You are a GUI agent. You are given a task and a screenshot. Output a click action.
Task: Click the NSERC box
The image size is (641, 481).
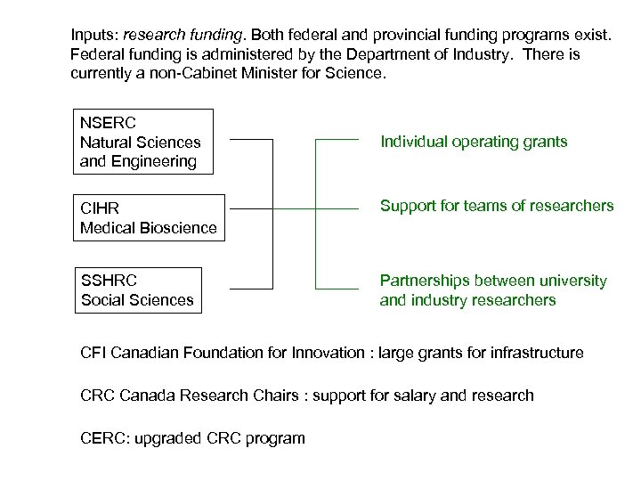pyautogui.click(x=143, y=141)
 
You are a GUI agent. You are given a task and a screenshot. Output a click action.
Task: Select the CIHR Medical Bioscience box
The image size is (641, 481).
pyautogui.click(x=148, y=217)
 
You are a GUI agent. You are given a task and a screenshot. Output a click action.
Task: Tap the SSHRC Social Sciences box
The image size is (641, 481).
pyautogui.click(x=137, y=290)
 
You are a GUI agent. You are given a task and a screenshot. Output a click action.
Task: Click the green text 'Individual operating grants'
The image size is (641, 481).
pyautogui.click(x=474, y=142)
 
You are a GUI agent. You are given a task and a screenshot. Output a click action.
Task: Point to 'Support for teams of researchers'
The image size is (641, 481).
pyautogui.click(x=497, y=206)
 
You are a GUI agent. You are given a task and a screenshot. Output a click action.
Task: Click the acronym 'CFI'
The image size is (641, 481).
pyautogui.click(x=93, y=353)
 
